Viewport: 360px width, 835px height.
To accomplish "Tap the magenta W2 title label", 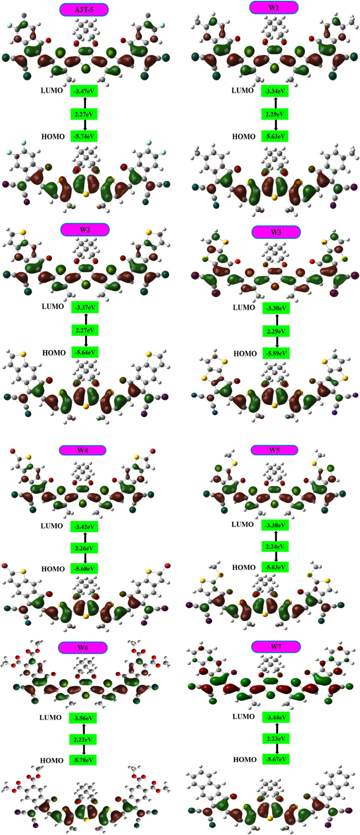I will (85, 229).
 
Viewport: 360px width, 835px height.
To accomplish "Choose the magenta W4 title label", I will (83, 450).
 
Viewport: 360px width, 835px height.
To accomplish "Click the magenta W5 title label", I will (274, 450).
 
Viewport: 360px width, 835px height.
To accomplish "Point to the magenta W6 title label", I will (83, 648).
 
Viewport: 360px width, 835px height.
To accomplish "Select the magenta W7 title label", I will (276, 647).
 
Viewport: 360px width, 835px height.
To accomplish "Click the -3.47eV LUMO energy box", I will (84, 91).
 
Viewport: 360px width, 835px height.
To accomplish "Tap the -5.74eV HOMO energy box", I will (84, 136).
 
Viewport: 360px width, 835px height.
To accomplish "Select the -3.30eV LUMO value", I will (276, 308).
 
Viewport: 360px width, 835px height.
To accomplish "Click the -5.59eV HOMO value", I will (276, 354).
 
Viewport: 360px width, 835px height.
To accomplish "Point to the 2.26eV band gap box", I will (84, 548).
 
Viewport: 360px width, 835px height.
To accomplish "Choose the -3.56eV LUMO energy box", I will (83, 718).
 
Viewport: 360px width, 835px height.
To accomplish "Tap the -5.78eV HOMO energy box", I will (83, 761).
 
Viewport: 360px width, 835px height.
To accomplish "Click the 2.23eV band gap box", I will (276, 739).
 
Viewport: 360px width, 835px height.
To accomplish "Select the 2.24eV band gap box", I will (276, 547).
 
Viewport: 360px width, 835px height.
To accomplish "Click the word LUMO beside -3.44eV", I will (243, 717).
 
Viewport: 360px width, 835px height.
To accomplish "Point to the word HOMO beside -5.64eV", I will (54, 353).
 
